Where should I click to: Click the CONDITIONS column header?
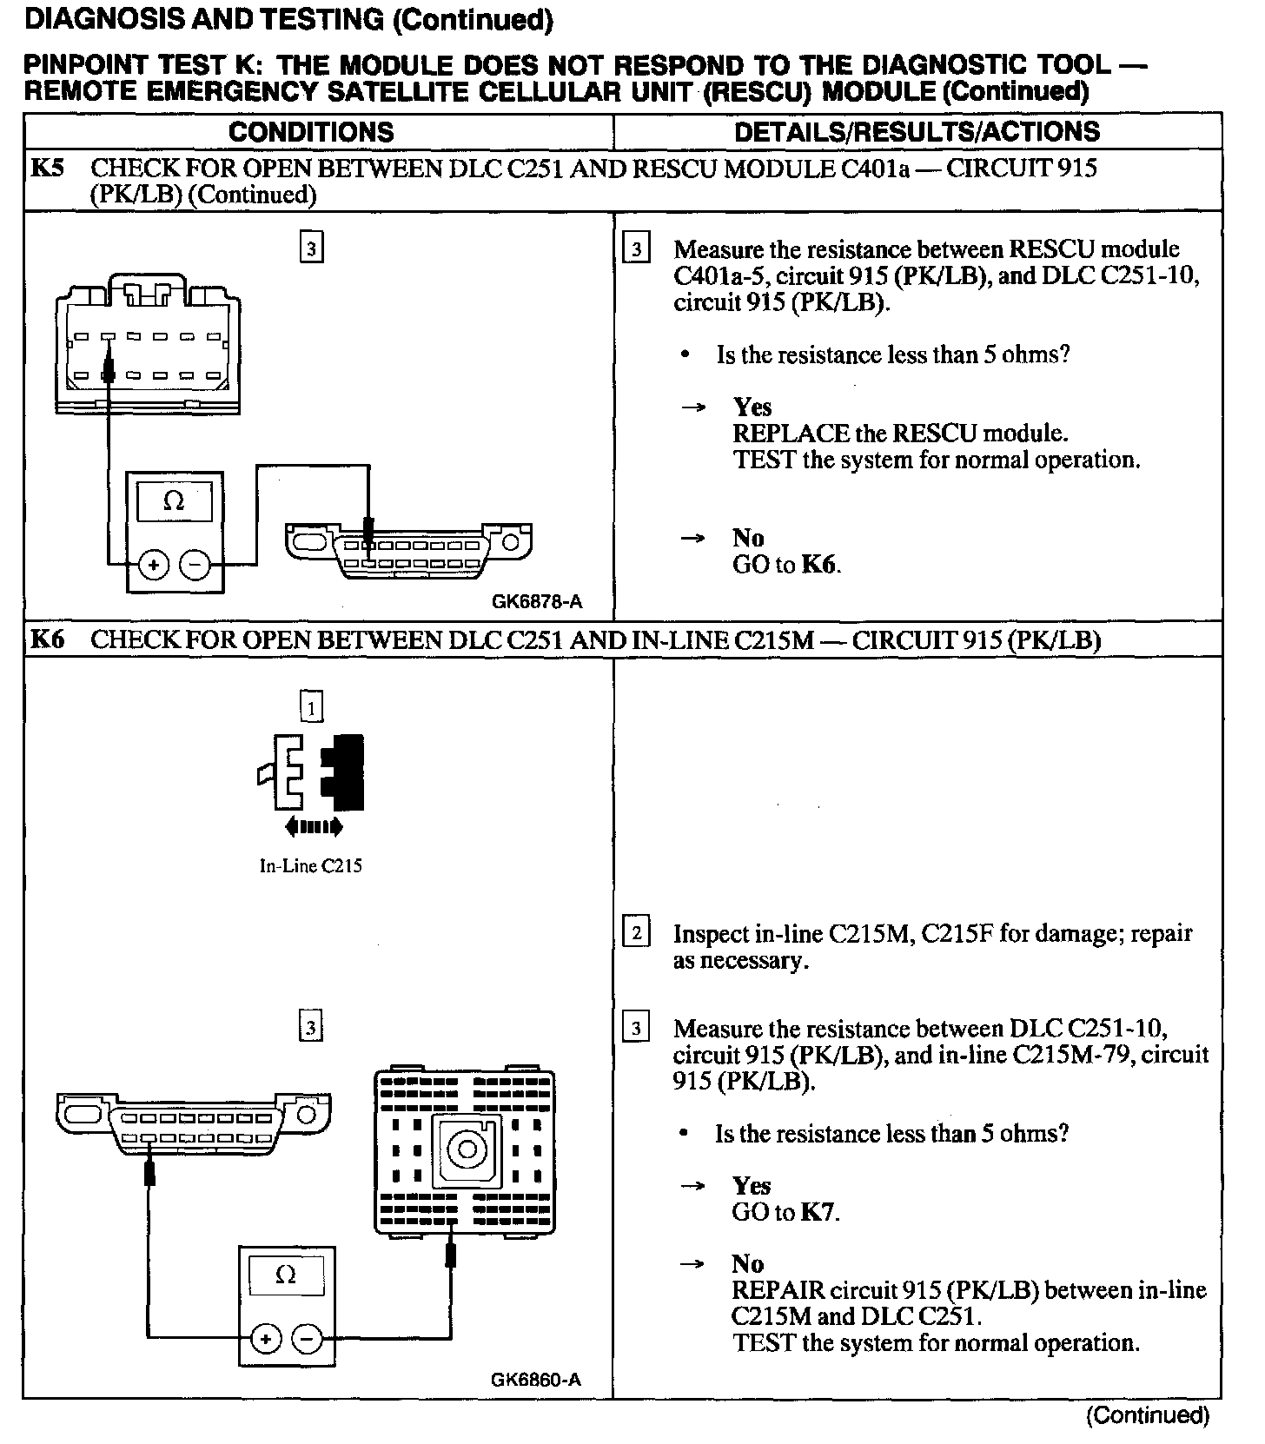coord(311,132)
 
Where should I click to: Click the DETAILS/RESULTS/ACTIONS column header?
coord(917,132)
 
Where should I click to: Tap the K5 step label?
coord(47,168)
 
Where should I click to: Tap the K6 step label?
coord(47,640)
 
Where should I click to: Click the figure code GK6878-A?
coord(536,601)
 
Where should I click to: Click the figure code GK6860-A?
coord(536,1379)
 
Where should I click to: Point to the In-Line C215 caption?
coord(310,865)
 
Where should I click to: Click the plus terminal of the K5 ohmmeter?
coord(155,566)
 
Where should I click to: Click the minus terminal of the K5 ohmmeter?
coord(195,566)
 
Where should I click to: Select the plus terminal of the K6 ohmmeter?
coord(266,1339)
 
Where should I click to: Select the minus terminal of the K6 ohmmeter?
coord(306,1339)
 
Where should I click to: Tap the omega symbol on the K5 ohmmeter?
coord(174,501)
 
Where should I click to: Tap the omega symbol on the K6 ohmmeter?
coord(285,1275)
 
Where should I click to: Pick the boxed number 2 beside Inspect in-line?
coord(636,933)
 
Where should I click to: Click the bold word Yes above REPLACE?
coord(752,407)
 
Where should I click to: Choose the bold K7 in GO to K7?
coord(818,1212)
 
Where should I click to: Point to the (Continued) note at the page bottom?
coord(1147,1415)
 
